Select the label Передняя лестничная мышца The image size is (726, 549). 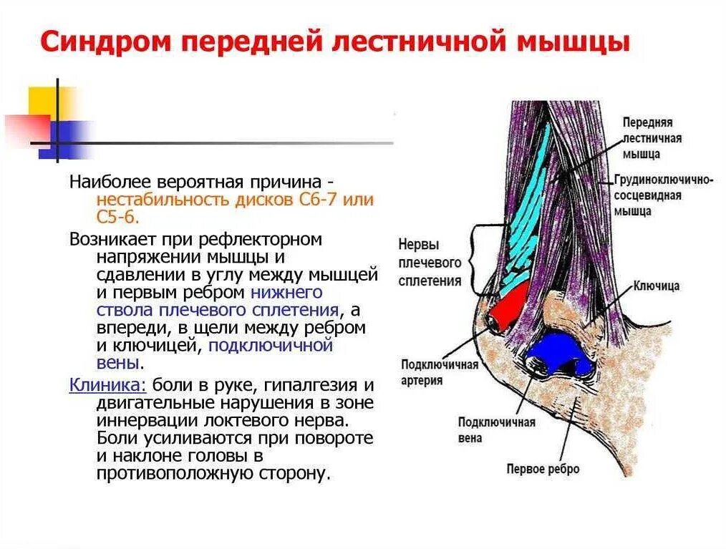(x=651, y=138)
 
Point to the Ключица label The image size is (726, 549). (x=656, y=286)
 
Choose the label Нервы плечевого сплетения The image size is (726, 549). (x=429, y=262)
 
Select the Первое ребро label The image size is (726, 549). (x=542, y=470)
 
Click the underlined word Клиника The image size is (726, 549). (x=107, y=384)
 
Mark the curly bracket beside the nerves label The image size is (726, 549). (x=476, y=261)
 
